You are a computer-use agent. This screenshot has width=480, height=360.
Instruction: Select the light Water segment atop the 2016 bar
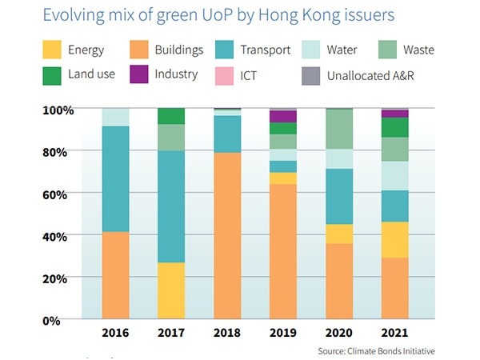[x=115, y=117]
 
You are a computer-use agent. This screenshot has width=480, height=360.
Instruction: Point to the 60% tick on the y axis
[x=61, y=193]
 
